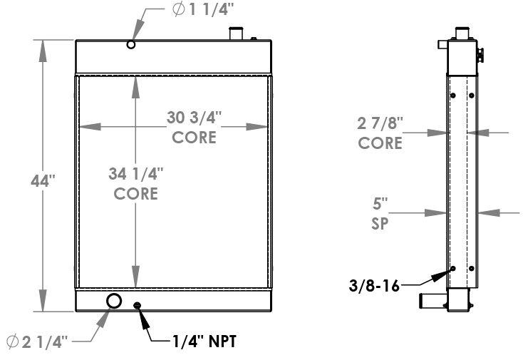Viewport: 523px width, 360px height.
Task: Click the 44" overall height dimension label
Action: click(x=43, y=182)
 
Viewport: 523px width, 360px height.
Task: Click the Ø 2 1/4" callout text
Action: click(x=36, y=342)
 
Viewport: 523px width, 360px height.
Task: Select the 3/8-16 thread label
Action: click(x=375, y=287)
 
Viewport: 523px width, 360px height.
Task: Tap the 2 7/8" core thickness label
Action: click(x=380, y=133)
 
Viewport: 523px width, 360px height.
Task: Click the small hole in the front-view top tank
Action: click(x=130, y=45)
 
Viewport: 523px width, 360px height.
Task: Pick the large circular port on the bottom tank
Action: click(x=114, y=301)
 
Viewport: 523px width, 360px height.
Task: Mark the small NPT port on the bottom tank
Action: click(x=138, y=306)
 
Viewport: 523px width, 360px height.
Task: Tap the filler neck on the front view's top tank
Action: click(x=236, y=34)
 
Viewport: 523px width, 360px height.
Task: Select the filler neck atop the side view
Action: click(x=462, y=33)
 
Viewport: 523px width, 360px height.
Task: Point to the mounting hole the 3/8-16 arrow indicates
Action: click(x=452, y=269)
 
